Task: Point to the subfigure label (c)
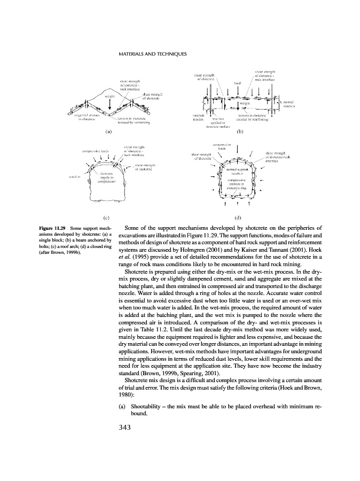click(x=106, y=218)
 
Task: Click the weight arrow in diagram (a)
click(x=110, y=104)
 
